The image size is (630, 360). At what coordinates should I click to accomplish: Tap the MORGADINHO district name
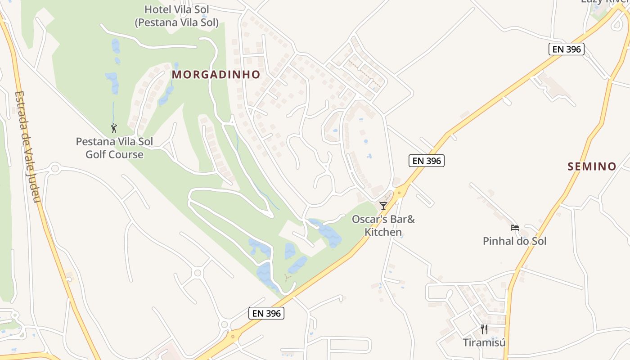(216, 75)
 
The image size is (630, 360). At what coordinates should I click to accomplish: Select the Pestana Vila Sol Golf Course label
(114, 148)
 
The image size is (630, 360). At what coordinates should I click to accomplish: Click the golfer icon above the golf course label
(114, 128)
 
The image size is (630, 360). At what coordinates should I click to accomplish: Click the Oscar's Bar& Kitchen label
(383, 225)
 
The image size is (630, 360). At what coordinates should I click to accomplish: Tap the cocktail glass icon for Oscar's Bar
(383, 206)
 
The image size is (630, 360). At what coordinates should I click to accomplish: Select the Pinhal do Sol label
(514, 241)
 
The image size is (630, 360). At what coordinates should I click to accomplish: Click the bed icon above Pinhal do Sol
(514, 228)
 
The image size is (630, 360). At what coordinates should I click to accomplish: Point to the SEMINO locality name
(592, 166)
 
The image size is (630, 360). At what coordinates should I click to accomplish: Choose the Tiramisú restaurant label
(484, 342)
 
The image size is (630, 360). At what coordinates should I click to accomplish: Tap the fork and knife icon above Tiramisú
(484, 329)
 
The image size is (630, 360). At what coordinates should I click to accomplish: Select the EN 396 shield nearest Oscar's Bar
(426, 161)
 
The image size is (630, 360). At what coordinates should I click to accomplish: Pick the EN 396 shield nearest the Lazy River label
(566, 49)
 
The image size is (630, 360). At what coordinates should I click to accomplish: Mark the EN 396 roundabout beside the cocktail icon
(399, 193)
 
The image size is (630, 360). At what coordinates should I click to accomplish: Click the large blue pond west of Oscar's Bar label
(327, 233)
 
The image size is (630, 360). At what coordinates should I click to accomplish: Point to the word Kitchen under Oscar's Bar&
(383, 232)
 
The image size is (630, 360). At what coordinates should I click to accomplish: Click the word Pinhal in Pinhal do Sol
(498, 241)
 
